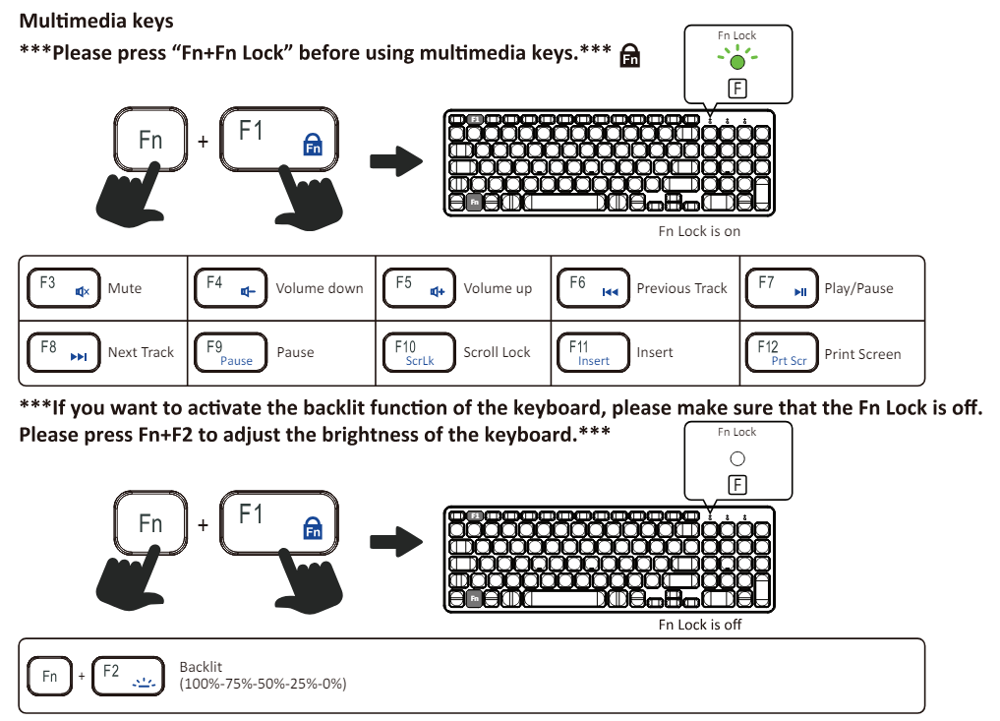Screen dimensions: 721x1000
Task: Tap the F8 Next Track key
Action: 63,352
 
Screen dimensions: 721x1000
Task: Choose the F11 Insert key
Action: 594,353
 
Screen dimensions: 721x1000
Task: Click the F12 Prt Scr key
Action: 782,353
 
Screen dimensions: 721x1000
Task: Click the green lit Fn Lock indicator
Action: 737,61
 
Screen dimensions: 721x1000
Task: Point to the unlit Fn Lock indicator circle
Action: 737,458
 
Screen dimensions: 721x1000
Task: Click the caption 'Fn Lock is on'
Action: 699,231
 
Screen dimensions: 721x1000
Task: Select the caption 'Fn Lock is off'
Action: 700,625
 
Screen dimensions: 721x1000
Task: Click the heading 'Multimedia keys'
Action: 96,21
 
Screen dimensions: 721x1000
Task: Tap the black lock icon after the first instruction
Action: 630,57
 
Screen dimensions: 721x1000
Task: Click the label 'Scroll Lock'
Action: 497,352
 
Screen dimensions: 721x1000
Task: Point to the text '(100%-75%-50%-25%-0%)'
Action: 263,684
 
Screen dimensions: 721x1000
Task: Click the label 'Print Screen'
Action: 862,354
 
